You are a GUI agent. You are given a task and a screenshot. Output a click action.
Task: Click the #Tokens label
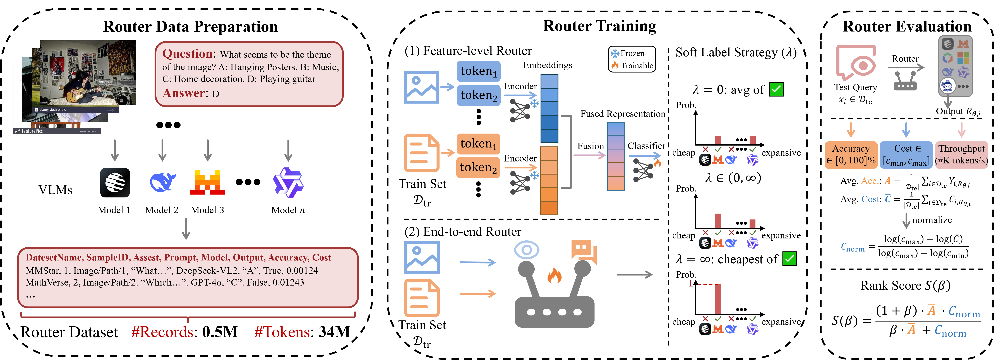click(282, 332)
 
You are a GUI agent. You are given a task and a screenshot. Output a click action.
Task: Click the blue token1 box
click(478, 71)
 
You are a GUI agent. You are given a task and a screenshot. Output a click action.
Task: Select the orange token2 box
click(478, 168)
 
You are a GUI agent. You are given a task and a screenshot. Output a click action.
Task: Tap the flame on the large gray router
click(554, 276)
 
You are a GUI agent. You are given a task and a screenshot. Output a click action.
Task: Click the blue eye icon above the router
click(526, 250)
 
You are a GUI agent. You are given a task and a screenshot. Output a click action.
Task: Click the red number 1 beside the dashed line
click(691, 283)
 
